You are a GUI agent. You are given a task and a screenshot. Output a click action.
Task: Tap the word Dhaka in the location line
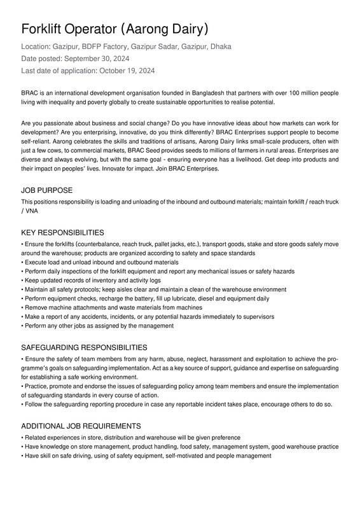pos(220,46)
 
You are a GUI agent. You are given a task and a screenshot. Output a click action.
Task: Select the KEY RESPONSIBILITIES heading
pos(62,233)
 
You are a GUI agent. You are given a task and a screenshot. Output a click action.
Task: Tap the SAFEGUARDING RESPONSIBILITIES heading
pos(84,347)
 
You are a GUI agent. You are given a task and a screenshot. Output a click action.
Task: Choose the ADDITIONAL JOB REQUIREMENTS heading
pos(81,426)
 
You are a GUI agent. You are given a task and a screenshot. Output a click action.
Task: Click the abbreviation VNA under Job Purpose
pos(31,211)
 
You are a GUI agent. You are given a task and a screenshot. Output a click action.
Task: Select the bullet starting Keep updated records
pos(92,280)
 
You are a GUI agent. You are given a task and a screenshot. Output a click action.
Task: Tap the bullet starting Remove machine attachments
pos(113,307)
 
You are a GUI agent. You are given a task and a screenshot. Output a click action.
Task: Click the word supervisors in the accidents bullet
pos(255,316)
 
